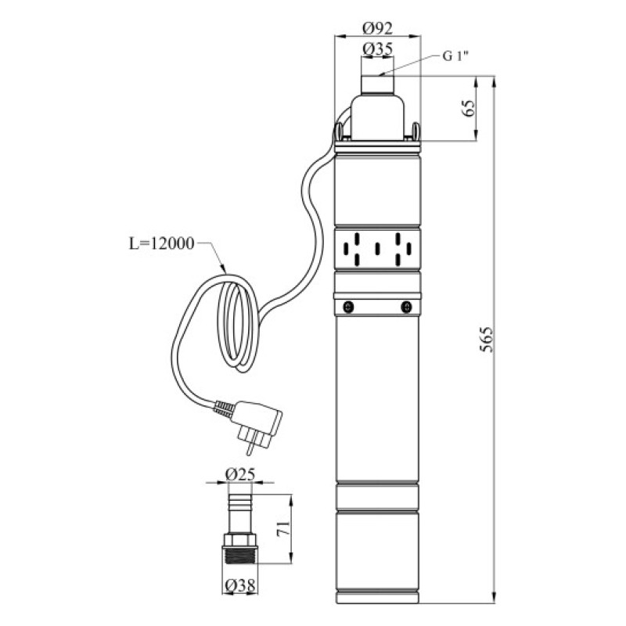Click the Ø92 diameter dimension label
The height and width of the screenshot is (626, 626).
pyautogui.click(x=377, y=28)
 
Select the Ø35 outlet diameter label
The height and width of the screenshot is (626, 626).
pyautogui.click(x=377, y=49)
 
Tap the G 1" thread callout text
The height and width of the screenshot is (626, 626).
pyautogui.click(x=455, y=56)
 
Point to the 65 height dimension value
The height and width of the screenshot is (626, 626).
pyautogui.click(x=469, y=108)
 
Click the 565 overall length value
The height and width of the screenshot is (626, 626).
pyautogui.click(x=486, y=340)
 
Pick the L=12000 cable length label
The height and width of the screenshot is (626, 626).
pyautogui.click(x=162, y=243)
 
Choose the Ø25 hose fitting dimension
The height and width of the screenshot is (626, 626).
pyautogui.click(x=239, y=475)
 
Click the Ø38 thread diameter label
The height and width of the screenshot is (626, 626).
pyautogui.click(x=239, y=586)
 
